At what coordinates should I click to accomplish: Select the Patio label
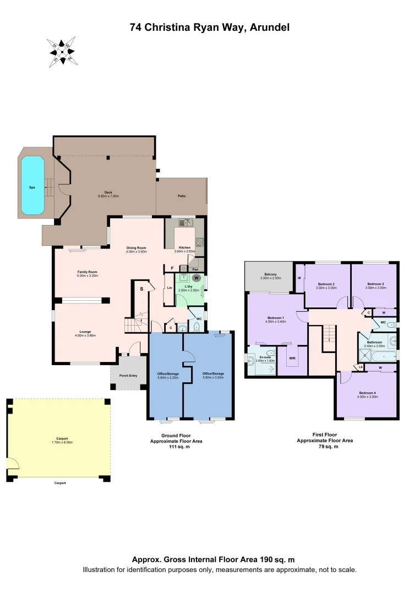click(181, 195)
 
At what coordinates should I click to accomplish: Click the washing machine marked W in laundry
click(195, 278)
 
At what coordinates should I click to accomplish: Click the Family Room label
click(87, 272)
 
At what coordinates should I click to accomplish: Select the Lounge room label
click(85, 332)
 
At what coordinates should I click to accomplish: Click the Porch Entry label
click(129, 376)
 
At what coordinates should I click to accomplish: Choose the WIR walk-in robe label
click(292, 358)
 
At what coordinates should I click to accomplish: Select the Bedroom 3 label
click(375, 284)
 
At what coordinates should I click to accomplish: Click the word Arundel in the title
click(269, 26)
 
